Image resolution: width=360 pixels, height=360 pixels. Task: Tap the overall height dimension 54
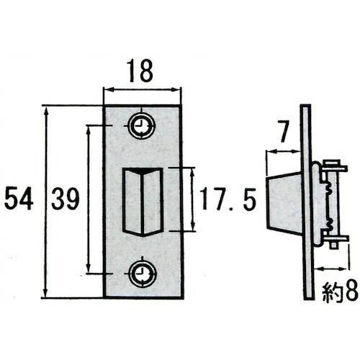pyautogui.click(x=18, y=199)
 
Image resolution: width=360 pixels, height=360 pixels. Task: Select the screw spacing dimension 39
pyautogui.click(x=64, y=199)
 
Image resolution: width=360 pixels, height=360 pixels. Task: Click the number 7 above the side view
pyautogui.click(x=282, y=132)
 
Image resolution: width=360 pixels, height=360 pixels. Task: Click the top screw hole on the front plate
pyautogui.click(x=142, y=127)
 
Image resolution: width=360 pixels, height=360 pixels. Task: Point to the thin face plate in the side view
pyautogui.click(x=307, y=202)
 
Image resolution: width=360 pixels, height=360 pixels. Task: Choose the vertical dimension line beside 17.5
pyautogui.click(x=192, y=199)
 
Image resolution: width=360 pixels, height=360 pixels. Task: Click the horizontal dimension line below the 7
pyautogui.click(x=283, y=151)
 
